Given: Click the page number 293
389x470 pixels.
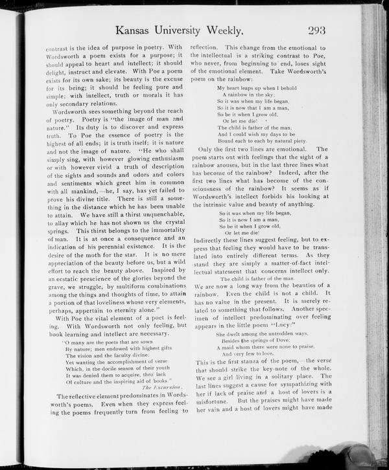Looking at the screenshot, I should (321, 30).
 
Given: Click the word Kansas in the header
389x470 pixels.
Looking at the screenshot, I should (137, 30).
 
